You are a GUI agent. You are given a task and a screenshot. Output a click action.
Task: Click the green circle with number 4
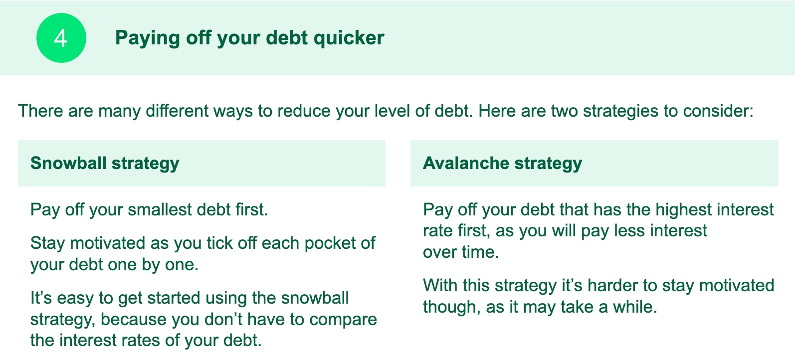coord(61,38)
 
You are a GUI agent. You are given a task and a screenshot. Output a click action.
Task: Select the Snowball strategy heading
coord(105,164)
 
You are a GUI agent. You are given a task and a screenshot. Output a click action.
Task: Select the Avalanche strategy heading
coord(502,164)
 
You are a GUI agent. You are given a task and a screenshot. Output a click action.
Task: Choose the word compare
coord(343,320)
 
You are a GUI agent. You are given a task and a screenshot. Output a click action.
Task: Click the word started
coord(174,298)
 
